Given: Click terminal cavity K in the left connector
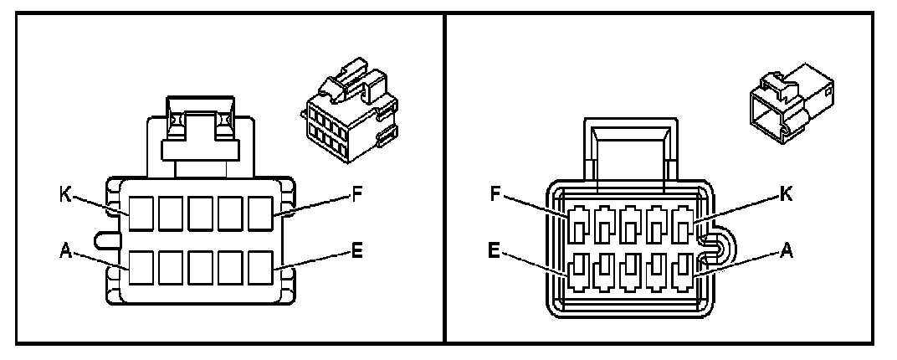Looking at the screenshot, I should coord(141,213).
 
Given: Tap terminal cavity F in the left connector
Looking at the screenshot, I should coord(261,213).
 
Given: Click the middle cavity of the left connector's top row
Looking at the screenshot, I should coord(201,213).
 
